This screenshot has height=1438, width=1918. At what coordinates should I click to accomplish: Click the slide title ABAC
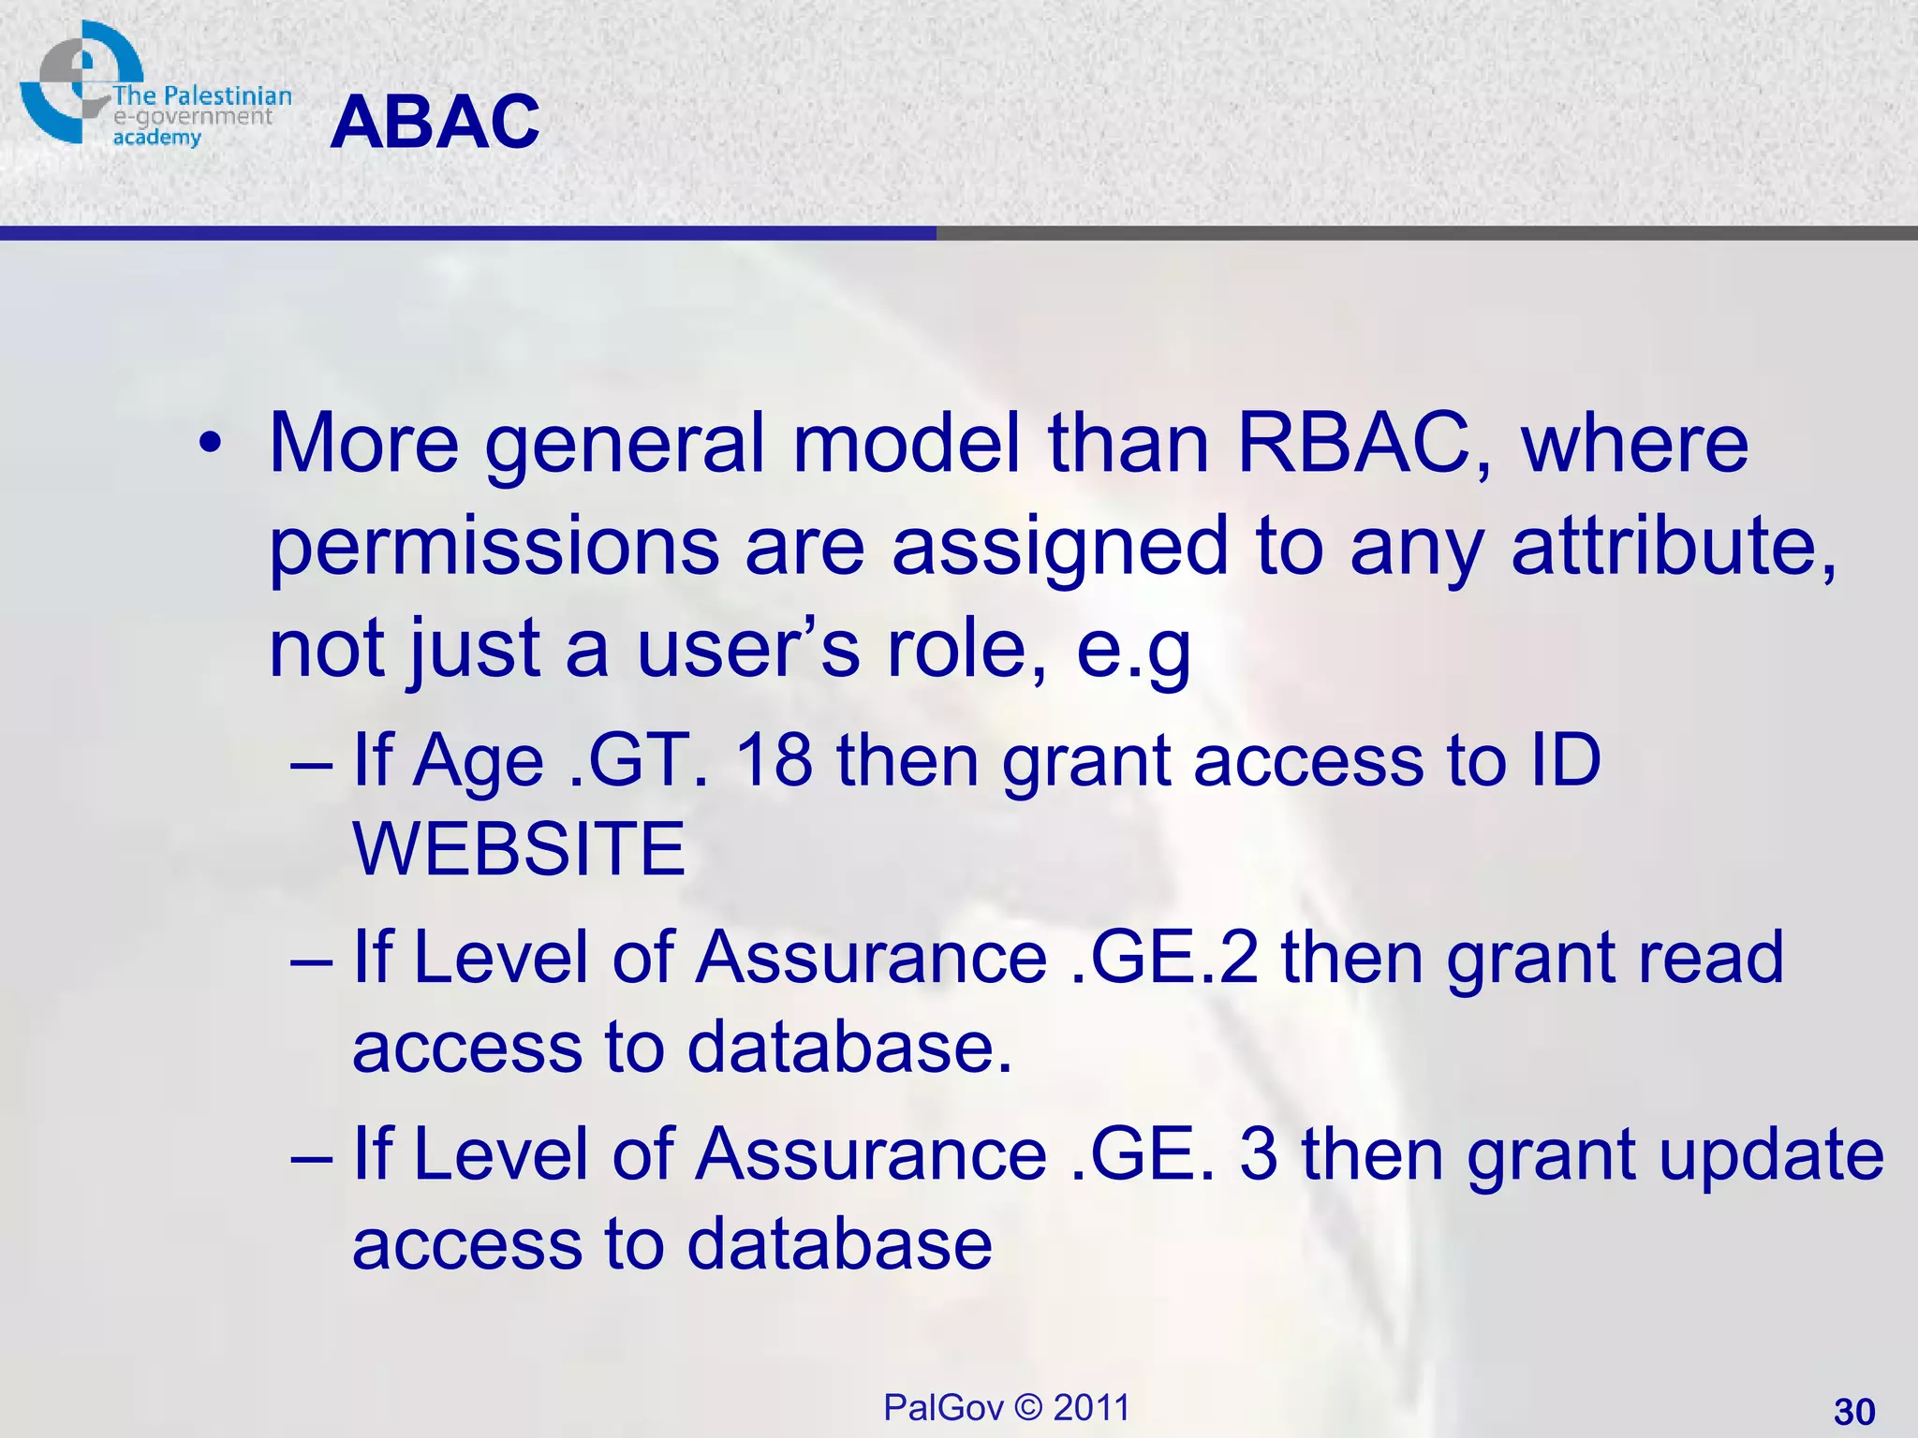pos(435,123)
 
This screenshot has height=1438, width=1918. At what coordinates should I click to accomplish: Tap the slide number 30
pos(1853,1411)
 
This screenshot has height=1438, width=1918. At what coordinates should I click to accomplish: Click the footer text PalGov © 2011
pos(1007,1407)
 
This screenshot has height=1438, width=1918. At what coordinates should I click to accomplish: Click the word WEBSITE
pos(519,848)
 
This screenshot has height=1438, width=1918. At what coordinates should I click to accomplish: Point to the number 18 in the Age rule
pos(774,760)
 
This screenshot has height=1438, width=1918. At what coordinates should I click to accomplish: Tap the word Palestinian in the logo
pos(228,95)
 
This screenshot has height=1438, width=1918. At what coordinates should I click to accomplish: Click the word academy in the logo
pos(156,139)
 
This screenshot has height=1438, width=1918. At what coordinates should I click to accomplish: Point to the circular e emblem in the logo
pos(75,82)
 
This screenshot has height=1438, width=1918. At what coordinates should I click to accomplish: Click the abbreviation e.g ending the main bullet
pos(1133,649)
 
